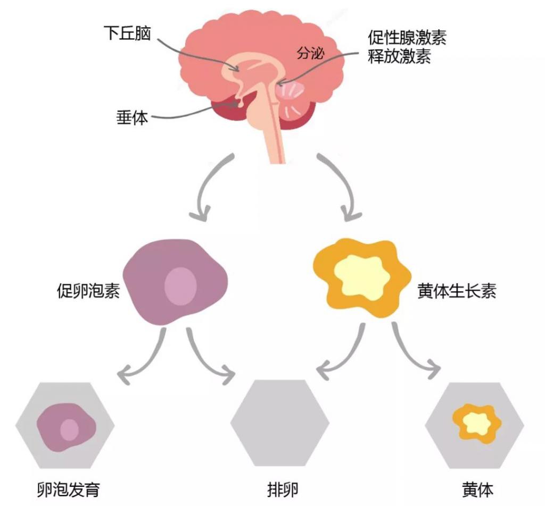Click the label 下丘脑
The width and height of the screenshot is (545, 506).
click(128, 34)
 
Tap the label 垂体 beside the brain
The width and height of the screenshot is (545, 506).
click(132, 117)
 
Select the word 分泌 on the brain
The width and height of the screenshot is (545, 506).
click(310, 53)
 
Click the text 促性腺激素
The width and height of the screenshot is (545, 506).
click(407, 38)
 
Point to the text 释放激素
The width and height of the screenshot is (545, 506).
click(399, 56)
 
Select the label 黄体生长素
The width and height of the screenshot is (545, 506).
click(457, 292)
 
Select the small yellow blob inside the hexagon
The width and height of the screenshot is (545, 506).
click(476, 423)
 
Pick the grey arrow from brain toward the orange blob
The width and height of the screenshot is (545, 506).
click(347, 189)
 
